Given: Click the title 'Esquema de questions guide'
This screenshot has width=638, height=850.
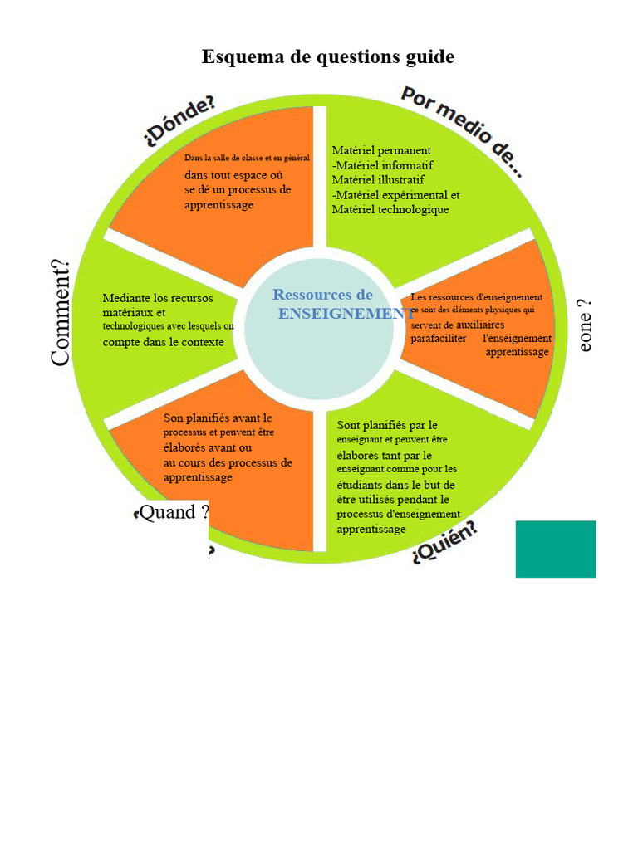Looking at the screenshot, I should [328, 57].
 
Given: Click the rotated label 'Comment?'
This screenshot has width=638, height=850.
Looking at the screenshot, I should [61, 313].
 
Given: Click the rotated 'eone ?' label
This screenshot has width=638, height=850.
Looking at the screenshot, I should [586, 326].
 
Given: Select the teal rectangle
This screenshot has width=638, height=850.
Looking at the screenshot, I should [556, 549].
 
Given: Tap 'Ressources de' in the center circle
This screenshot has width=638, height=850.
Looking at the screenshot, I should [322, 294].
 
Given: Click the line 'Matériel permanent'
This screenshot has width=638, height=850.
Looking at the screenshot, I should [381, 150].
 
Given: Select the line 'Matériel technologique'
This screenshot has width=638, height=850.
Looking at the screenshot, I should [390, 210].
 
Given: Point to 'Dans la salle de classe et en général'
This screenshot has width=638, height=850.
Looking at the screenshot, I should [247, 158].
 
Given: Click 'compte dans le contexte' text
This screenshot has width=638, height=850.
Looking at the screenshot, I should [163, 342].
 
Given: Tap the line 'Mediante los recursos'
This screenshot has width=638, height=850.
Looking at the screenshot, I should [158, 298].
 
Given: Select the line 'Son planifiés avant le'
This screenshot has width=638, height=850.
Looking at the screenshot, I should [218, 418].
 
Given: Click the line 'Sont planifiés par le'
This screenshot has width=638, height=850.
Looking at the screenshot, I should [387, 425].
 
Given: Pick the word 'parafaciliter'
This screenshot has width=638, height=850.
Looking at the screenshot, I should [439, 339].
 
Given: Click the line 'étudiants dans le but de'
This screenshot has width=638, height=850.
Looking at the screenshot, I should [395, 485].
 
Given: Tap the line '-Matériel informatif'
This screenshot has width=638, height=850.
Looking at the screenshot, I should [383, 165].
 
